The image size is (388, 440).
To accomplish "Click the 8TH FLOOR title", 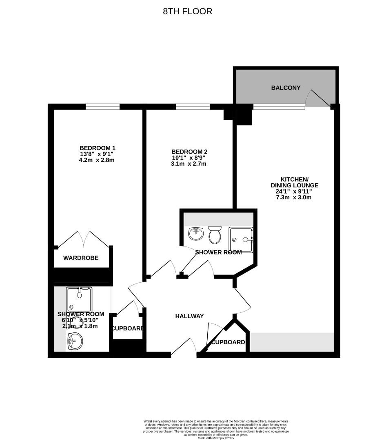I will [x=188, y=11].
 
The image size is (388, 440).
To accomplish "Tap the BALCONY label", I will [x=286, y=88].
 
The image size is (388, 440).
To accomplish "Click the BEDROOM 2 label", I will [x=189, y=152].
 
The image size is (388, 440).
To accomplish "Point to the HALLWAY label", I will [x=189, y=316].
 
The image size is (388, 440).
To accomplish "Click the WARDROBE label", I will [x=81, y=258].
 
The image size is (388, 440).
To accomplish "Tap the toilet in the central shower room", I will [x=215, y=234].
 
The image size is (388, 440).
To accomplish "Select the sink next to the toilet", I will [x=196, y=234].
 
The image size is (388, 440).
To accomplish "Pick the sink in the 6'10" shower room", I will [x=75, y=341].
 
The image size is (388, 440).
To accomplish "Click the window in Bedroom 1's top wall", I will [x=102, y=107].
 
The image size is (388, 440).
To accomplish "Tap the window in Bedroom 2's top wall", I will [x=193, y=107].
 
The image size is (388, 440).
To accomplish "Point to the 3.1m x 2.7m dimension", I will [x=189, y=164].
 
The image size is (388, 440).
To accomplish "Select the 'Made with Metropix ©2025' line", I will [x=216, y=438].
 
